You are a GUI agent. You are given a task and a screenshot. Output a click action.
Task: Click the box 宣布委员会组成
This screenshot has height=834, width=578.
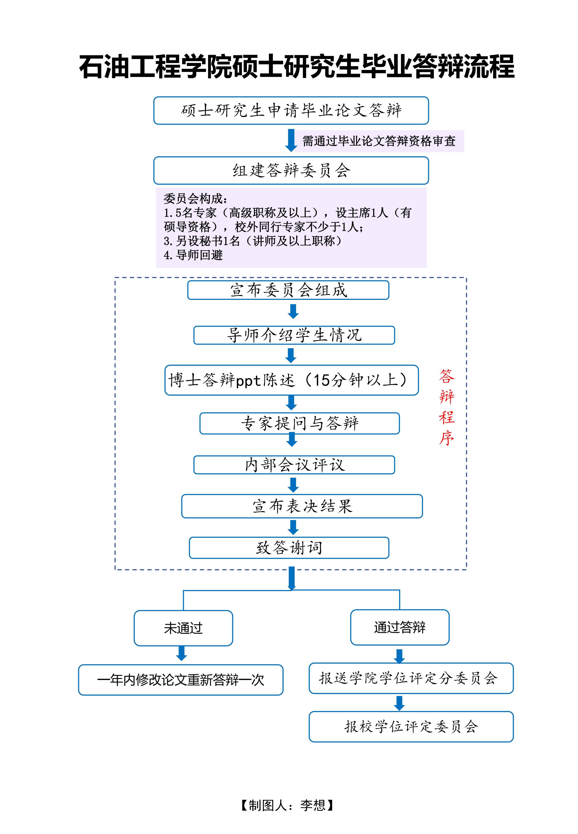coord(288,290)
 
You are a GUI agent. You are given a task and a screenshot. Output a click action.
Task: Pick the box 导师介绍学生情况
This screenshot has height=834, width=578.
coord(294,335)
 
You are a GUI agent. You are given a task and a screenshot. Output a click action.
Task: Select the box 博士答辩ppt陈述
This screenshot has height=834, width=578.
coord(292,380)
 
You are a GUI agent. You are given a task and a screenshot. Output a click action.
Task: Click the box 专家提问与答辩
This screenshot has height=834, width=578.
coord(299,423)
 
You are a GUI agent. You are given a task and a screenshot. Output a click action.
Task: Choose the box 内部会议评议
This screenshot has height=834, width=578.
coord(294,465)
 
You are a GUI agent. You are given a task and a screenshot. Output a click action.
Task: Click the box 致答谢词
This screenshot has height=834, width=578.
coord(289,547)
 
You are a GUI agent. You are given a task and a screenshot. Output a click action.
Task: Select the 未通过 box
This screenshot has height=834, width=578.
coord(183,628)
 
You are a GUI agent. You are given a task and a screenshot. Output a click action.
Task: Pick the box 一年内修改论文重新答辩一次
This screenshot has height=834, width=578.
coord(181,680)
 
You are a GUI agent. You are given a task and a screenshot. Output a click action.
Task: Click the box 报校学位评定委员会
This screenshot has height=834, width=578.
coord(411,727)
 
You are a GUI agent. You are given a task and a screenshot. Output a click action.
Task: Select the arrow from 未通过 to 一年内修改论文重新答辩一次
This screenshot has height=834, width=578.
coord(181,653)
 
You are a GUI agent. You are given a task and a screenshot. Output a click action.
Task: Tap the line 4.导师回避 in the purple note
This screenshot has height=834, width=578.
coord(193,255)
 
